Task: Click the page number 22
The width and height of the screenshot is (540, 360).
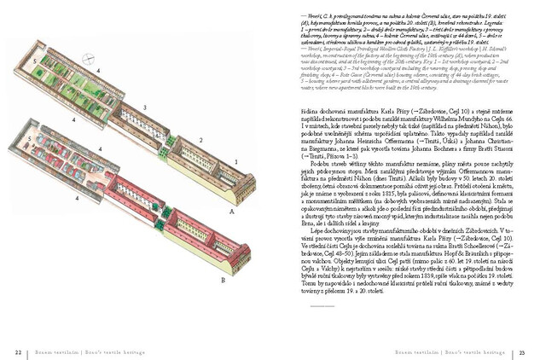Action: pyautogui.click(x=18, y=351)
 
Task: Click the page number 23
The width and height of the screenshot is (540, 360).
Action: pyautogui.click(x=522, y=351)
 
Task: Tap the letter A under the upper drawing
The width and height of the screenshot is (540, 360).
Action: pyautogui.click(x=231, y=210)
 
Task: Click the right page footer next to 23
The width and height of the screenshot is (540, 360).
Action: pyautogui.click(x=461, y=351)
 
